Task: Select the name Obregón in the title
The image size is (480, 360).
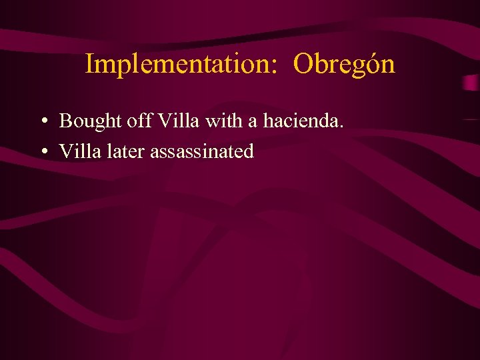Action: click(344, 64)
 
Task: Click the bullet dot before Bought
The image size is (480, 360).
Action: click(42, 121)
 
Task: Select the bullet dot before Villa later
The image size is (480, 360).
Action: click(42, 152)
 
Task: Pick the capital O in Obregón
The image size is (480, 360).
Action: click(303, 64)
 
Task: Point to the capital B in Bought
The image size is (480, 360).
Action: click(65, 121)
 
